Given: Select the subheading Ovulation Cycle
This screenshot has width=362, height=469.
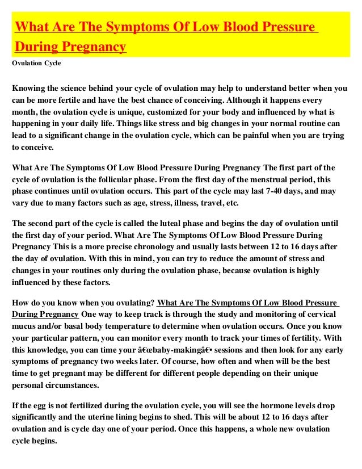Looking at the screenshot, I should pyautogui.click(x=36, y=63).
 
